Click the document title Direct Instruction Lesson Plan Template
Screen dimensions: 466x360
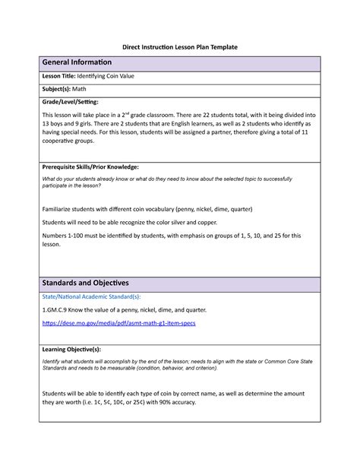(181, 46)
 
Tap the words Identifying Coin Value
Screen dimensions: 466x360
(110, 77)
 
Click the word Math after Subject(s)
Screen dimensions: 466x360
(80, 89)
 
